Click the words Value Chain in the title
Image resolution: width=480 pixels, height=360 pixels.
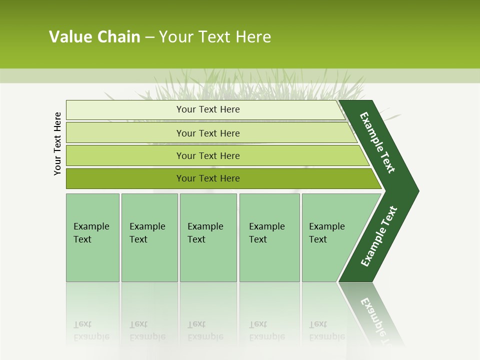pyautogui.click(x=94, y=37)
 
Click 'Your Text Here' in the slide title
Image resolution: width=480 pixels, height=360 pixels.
pyautogui.click(x=215, y=37)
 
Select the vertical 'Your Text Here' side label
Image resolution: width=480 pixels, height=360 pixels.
pyautogui.click(x=57, y=144)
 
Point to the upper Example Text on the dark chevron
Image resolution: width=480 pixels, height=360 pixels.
pyautogui.click(x=377, y=142)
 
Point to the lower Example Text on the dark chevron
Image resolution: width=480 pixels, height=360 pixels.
pyautogui.click(x=378, y=236)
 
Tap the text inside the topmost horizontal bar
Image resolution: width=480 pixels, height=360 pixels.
pyautogui.click(x=208, y=109)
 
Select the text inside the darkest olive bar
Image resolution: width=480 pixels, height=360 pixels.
pyautogui.click(x=208, y=178)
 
